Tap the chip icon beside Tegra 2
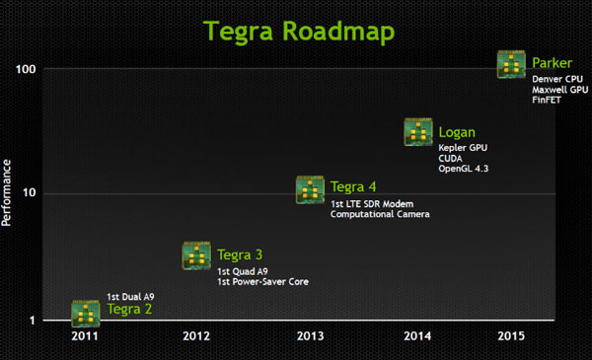coord(85,313)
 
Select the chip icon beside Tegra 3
coord(197,255)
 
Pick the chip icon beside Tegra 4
coord(311,188)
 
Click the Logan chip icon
coord(419,132)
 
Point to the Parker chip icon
coord(511,65)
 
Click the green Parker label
coord(552,64)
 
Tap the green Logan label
coord(458,132)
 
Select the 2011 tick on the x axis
coord(85,335)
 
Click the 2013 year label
coord(311,335)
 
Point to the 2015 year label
coord(511,335)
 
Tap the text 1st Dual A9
coord(130,296)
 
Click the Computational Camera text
coord(380,214)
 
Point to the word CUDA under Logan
coord(451,158)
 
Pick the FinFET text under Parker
coord(547,101)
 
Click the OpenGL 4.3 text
coord(464,169)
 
